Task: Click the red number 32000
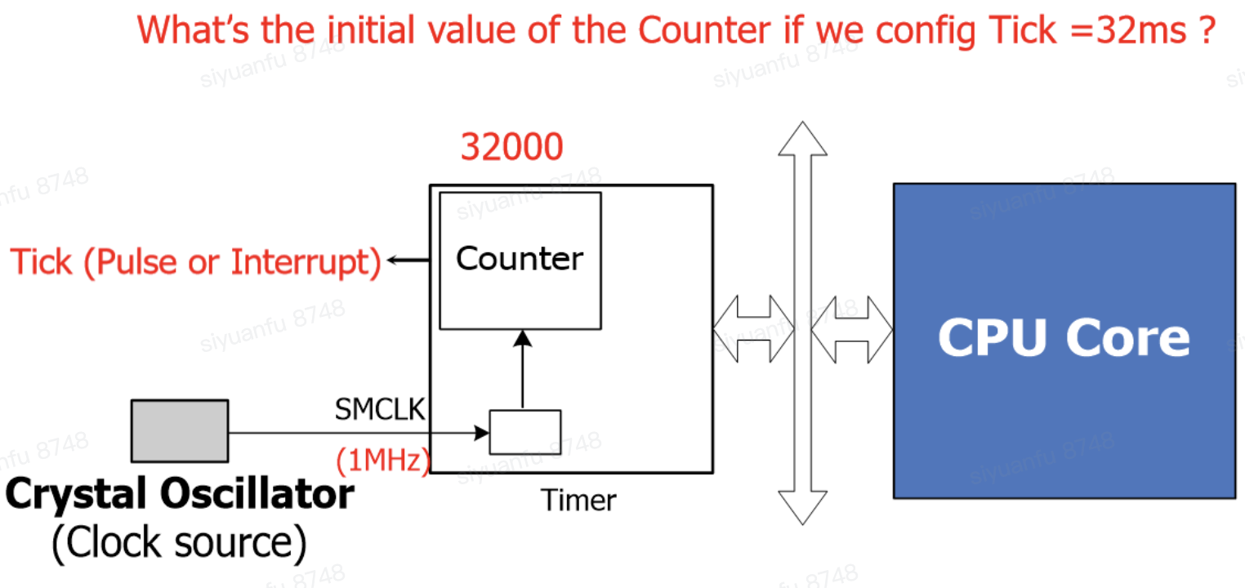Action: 511,148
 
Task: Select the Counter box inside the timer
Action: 520,260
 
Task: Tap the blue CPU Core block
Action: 1064,340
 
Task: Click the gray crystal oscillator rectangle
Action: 180,430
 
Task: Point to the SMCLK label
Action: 380,410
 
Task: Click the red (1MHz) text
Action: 382,461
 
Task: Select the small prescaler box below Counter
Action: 524,432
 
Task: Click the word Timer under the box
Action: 578,500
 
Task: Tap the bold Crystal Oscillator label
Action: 180,495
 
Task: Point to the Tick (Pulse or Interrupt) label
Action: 196,262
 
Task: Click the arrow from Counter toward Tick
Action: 408,261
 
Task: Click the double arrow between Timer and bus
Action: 752,328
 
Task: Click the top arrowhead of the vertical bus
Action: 802,139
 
